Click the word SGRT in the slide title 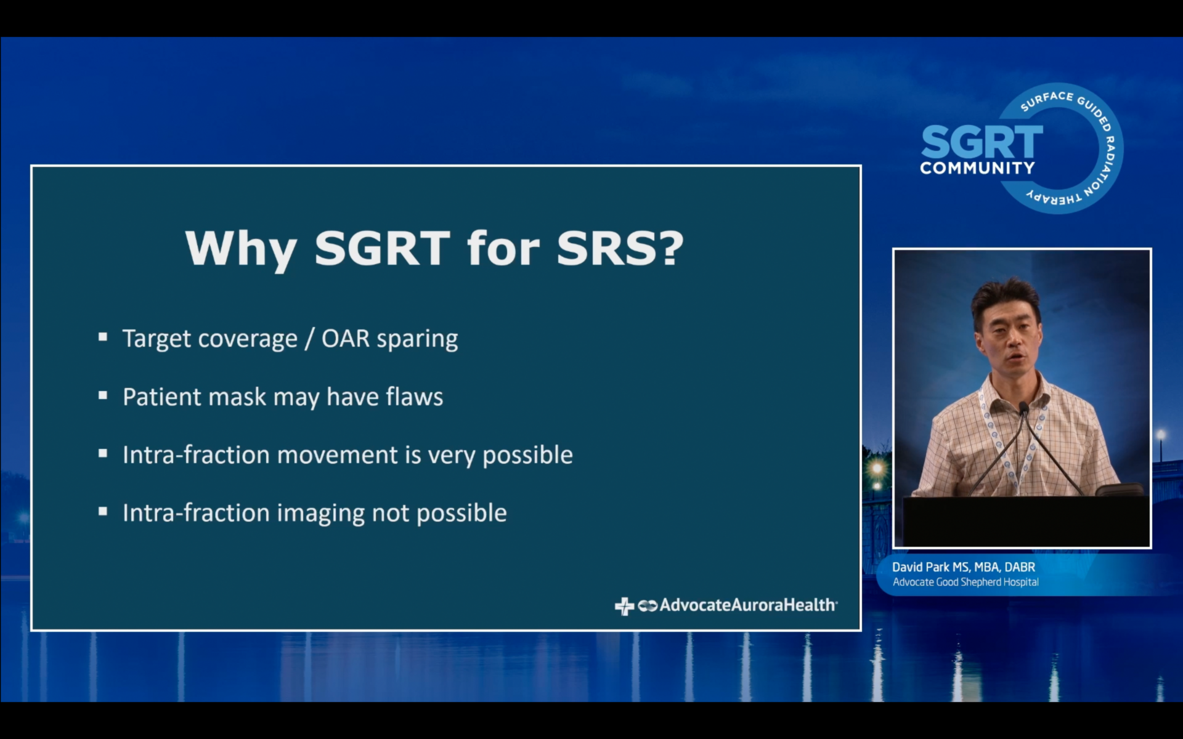382,248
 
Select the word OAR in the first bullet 346,339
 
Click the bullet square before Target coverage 103,337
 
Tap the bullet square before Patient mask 103,395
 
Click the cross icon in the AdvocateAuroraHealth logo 624,606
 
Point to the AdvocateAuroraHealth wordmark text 748,605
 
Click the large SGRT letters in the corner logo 982,142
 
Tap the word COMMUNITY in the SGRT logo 978,168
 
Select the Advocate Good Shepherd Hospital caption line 966,582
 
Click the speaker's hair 1006,300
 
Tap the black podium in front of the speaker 1026,521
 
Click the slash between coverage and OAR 309,339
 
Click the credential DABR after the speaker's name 1020,567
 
